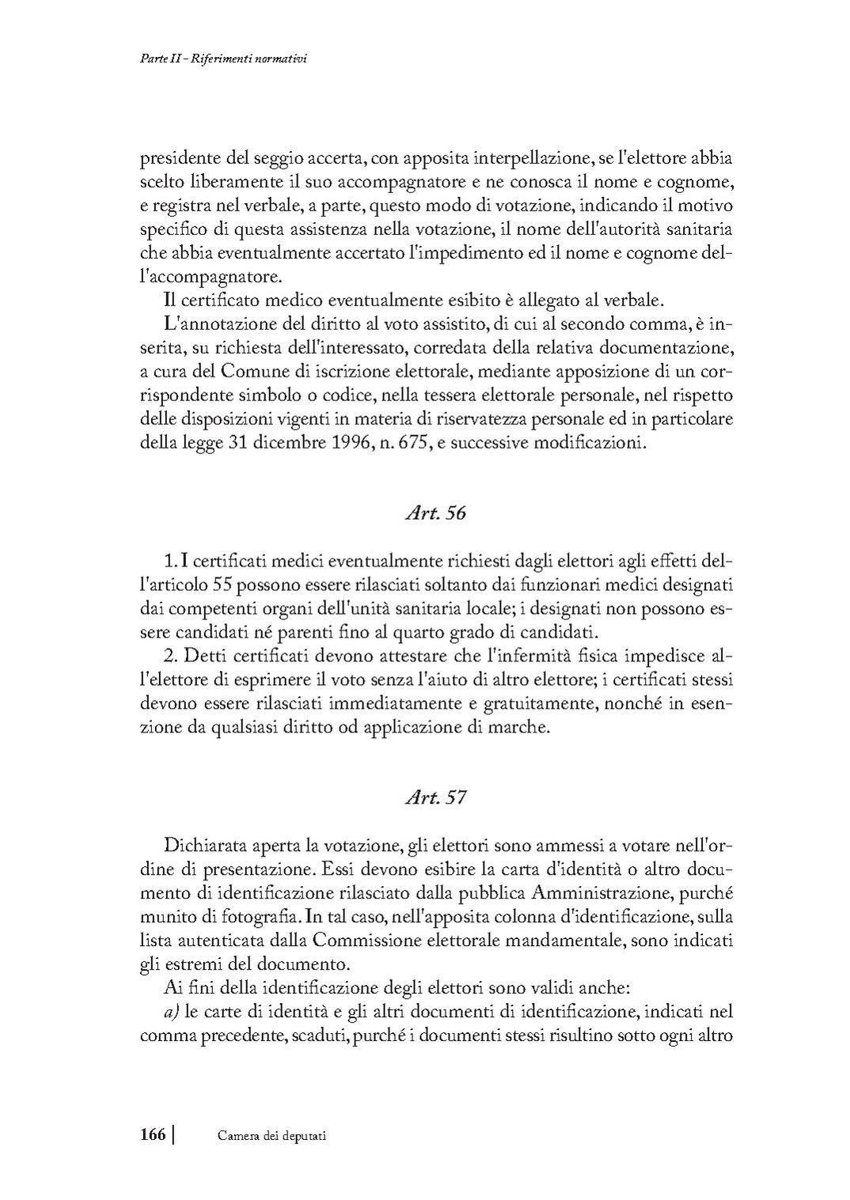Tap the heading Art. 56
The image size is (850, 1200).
click(435, 513)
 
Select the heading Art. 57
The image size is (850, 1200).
click(435, 797)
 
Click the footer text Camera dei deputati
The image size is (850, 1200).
click(272, 1136)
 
